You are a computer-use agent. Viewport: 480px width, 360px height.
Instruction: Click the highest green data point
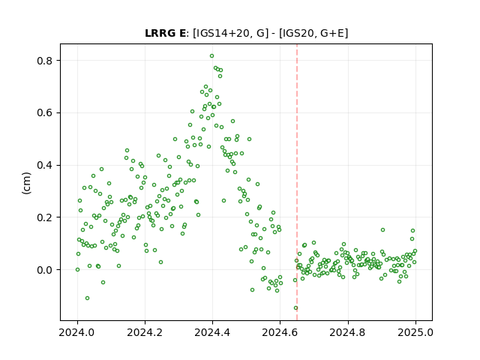tap(211, 56)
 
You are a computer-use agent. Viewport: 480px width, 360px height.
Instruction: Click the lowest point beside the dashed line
tap(295, 308)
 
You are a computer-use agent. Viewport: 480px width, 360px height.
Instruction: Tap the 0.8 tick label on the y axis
tap(45, 61)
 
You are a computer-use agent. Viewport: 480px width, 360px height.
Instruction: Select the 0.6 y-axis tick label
tap(45, 113)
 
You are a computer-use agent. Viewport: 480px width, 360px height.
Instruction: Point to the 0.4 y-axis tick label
tap(45, 165)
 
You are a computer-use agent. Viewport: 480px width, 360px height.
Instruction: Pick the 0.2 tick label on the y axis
tap(45, 217)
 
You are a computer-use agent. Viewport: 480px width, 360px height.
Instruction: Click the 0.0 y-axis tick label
tap(45, 270)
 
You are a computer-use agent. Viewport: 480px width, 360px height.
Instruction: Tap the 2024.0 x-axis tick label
tap(77, 332)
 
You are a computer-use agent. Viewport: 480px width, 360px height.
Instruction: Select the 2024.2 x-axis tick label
tap(145, 332)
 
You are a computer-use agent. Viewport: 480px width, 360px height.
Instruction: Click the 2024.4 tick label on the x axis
tap(212, 332)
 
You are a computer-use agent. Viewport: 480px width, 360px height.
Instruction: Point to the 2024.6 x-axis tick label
tap(280, 332)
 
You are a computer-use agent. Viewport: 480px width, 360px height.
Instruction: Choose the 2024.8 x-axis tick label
tap(348, 332)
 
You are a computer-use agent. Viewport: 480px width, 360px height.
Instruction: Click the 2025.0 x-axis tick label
tap(415, 332)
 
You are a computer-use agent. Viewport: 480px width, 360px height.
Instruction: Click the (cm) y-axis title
tap(26, 183)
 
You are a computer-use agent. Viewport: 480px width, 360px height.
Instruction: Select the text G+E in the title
tap(332, 33)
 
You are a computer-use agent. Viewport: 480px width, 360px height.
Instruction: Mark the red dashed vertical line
tap(297, 182)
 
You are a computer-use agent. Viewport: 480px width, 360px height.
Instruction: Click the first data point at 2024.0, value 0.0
tap(77, 270)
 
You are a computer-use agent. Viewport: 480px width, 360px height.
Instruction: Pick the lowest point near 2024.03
tap(87, 298)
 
